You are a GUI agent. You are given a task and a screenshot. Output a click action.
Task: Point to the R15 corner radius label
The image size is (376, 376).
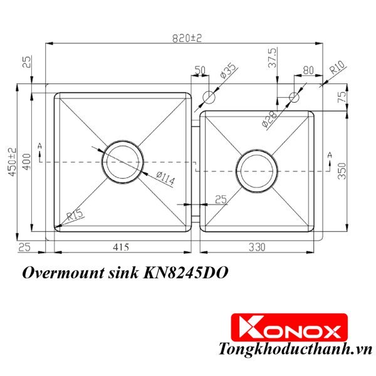pyautogui.click(x=75, y=217)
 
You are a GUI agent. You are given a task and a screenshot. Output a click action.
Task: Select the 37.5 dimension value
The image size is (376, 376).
pyautogui.click(x=271, y=58)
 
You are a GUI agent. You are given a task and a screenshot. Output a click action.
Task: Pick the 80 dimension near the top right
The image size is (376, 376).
pyautogui.click(x=308, y=70)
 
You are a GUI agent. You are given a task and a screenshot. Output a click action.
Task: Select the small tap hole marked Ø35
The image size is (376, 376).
pyautogui.click(x=210, y=98)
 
